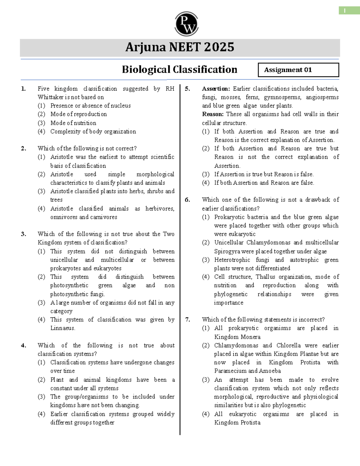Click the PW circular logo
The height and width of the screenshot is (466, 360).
(186, 24)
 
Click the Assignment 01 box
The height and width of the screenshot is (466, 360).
(298, 70)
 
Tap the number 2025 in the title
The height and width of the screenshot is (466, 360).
(219, 47)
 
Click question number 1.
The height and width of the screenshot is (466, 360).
(23, 89)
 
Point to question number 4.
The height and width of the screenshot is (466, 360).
(23, 345)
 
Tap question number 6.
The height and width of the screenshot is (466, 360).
(187, 200)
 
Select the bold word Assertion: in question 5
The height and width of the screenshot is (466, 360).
(216, 89)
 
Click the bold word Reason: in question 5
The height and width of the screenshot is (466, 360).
(213, 114)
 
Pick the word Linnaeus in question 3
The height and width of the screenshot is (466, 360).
(62, 328)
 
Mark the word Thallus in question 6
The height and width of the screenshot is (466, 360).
(265, 277)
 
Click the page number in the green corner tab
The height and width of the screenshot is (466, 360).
(345, 11)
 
